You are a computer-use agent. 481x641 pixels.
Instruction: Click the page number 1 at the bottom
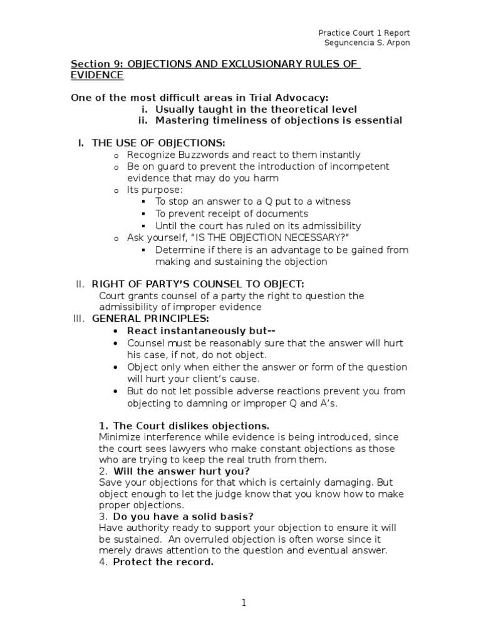pyautogui.click(x=244, y=603)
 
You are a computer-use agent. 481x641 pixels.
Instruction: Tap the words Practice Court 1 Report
pyautogui.click(x=364, y=33)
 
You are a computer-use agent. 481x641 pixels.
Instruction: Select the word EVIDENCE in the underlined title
pyautogui.click(x=97, y=75)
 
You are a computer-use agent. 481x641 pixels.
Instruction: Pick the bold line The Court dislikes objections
pyautogui.click(x=192, y=426)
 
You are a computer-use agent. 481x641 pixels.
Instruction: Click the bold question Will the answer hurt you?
pyautogui.click(x=182, y=471)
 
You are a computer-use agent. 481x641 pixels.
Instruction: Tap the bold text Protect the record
pyautogui.click(x=163, y=562)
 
